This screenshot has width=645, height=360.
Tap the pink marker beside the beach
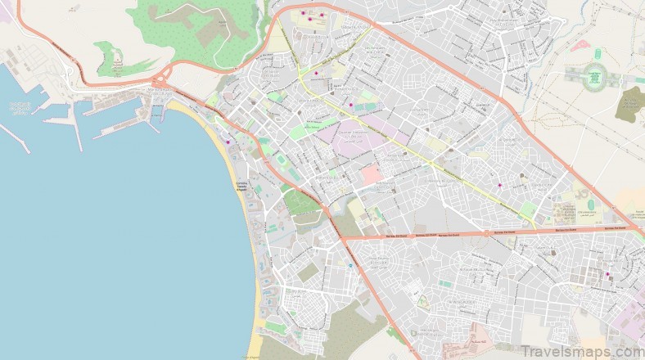[228, 143]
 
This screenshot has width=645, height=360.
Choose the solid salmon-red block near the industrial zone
[371, 174]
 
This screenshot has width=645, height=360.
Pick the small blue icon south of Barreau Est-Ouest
[352, 267]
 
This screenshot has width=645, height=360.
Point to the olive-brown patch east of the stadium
[631, 105]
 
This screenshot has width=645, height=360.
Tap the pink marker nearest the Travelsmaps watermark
[607, 274]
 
